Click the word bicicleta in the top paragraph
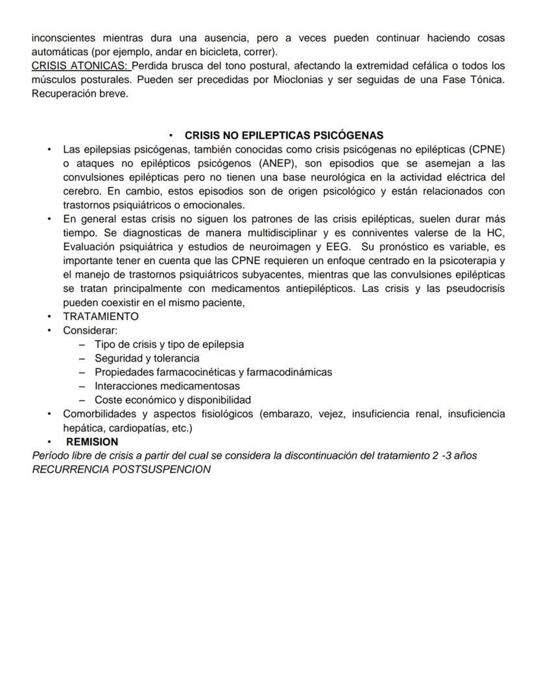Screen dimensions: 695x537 [x=210, y=52]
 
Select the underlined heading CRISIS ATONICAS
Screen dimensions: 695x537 [x=80, y=66]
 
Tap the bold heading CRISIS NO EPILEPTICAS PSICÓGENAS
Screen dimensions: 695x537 [x=284, y=136]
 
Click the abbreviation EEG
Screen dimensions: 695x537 [x=340, y=247]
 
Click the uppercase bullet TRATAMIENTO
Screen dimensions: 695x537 [x=101, y=317]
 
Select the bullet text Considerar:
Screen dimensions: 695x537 [x=90, y=330]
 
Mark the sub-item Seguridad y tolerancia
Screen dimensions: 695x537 [x=147, y=358]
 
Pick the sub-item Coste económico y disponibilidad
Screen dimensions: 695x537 [x=173, y=400]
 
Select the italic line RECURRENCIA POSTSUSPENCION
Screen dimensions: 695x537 [x=121, y=469]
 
